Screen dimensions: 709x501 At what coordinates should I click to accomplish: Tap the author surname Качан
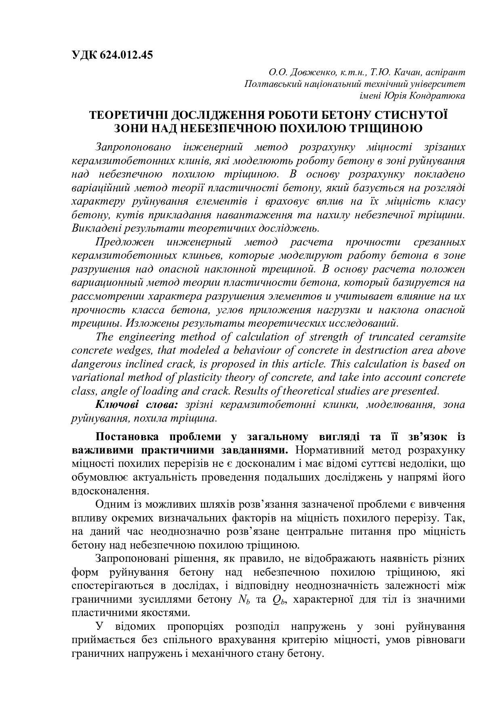tap(406, 72)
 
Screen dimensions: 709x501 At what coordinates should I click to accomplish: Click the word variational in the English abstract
tap(98, 377)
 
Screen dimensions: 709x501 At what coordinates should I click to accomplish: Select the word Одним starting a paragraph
tap(112, 504)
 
